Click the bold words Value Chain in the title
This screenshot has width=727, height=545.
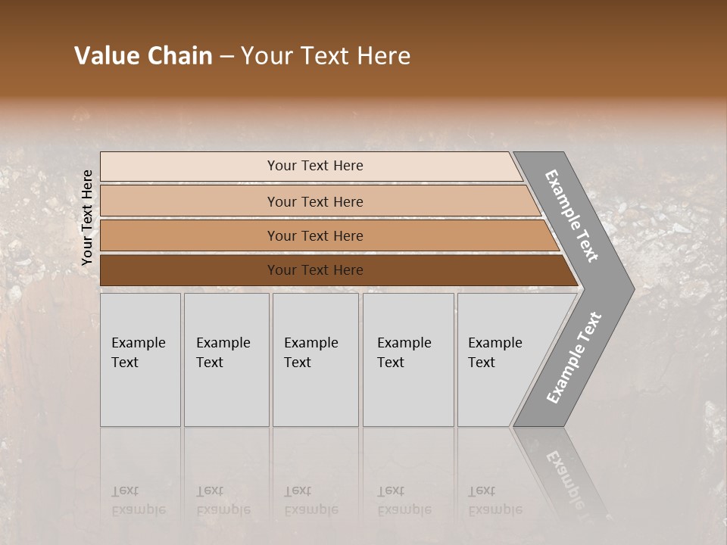[x=143, y=56]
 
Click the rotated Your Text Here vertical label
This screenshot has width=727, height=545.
[x=87, y=217]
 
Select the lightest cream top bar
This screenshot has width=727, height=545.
[x=189, y=167]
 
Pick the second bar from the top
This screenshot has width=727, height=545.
[x=189, y=201]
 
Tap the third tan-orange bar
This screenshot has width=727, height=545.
[x=189, y=235]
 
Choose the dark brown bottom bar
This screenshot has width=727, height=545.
[x=189, y=270]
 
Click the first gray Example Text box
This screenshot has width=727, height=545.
[x=140, y=360]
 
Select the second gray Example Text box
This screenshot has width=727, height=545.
[x=226, y=360]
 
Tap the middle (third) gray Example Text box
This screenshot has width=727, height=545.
[x=315, y=360]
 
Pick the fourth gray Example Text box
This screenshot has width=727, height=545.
[x=408, y=360]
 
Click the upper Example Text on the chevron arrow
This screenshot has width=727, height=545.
[x=572, y=216]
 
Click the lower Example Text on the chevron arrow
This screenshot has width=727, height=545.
[x=573, y=358]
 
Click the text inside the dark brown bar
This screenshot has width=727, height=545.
[x=315, y=270]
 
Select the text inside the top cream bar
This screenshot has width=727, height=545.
[x=315, y=166]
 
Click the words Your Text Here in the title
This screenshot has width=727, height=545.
[x=326, y=56]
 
